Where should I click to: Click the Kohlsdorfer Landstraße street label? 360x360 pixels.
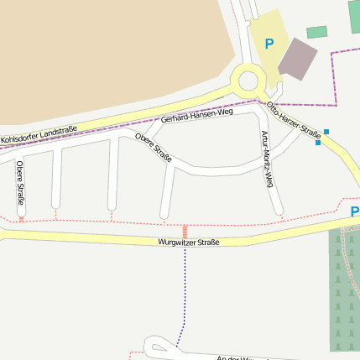[x=39, y=134]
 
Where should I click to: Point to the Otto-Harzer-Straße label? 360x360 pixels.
[x=294, y=120]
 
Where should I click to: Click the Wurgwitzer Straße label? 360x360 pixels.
[x=189, y=242]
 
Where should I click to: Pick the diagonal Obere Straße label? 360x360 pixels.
[x=154, y=148]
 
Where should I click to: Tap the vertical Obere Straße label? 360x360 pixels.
[x=20, y=183]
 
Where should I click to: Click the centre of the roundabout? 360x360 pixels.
[x=248, y=81]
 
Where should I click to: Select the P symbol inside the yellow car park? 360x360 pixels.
[x=269, y=44]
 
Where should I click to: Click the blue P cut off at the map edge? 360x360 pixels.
[x=355, y=211]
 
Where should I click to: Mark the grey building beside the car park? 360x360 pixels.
[x=298, y=59]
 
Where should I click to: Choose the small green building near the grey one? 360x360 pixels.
[x=316, y=32]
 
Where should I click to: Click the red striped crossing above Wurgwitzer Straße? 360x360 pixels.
[x=185, y=231]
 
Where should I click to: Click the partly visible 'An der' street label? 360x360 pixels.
[x=239, y=357]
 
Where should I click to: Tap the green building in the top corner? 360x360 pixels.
[x=354, y=15]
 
